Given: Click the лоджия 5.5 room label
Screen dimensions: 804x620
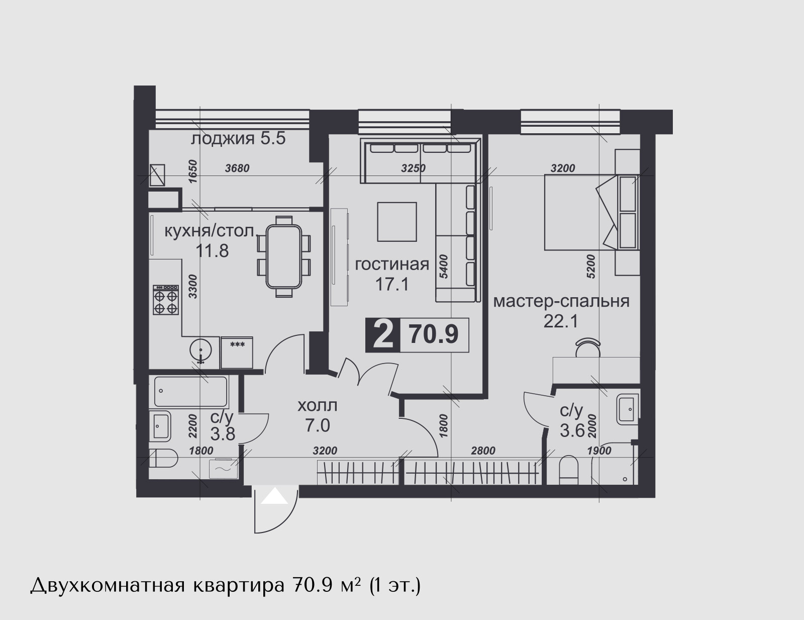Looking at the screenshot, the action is (238, 139).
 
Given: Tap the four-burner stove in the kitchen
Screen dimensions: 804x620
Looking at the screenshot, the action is (166, 300).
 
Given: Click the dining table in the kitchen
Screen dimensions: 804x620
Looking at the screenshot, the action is (284, 256).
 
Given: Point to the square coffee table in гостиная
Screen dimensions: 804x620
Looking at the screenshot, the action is (397, 222).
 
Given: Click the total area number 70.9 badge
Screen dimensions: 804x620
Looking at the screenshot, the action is (434, 335).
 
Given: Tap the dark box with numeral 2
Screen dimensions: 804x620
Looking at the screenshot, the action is (383, 335).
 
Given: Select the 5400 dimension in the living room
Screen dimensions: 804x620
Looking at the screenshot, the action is (444, 267).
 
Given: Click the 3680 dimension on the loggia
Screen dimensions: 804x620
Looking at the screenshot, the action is (238, 168).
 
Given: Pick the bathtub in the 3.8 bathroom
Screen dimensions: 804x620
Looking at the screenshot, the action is (191, 392).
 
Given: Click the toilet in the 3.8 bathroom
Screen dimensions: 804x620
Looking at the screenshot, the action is (163, 459).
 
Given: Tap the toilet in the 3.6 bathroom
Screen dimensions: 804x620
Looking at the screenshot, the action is (568, 470).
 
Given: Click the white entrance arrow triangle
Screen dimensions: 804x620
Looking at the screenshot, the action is (274, 496).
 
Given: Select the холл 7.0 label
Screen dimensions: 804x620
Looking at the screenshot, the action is (318, 416).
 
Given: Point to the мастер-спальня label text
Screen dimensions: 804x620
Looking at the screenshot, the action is (561, 302).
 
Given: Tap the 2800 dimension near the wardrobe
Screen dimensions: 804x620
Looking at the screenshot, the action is (483, 451).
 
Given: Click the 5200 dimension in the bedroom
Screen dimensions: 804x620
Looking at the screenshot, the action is (591, 267).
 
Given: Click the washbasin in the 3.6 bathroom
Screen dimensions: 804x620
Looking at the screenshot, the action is (628, 409).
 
